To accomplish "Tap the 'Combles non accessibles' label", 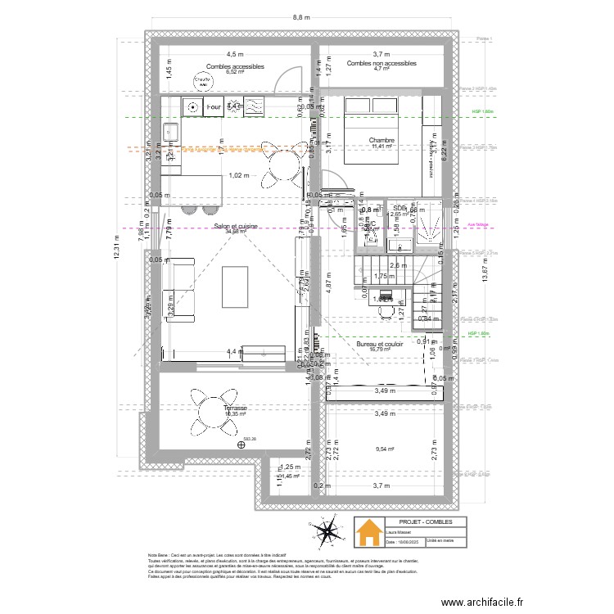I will [x=381, y=63].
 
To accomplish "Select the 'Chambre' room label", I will [x=381, y=141].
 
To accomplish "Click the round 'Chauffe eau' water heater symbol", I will [x=201, y=81].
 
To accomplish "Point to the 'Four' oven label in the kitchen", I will [x=214, y=106].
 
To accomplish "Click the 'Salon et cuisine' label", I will [x=235, y=226].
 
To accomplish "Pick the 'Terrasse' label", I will [x=212, y=407].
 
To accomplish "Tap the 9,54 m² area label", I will [x=385, y=449].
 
